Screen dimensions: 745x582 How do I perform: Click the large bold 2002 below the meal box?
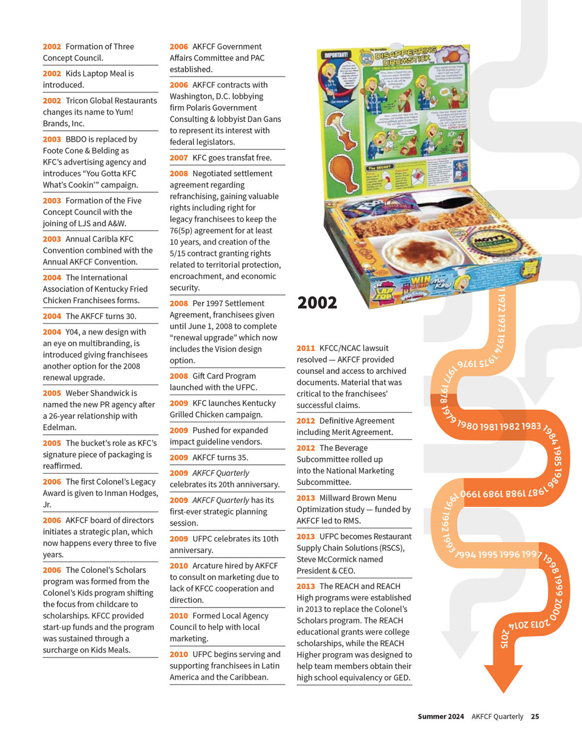[317, 303]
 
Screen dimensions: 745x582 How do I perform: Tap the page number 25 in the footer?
[535, 716]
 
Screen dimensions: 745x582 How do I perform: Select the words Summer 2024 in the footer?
[440, 716]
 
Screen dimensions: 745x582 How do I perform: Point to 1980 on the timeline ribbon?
[468, 425]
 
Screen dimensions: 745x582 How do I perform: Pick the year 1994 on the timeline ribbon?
[466, 554]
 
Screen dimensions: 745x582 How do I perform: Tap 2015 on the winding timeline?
[505, 638]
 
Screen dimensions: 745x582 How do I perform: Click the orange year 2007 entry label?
[178, 158]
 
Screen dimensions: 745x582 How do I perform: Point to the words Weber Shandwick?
[101, 393]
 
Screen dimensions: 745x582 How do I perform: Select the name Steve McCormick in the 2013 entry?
[339, 559]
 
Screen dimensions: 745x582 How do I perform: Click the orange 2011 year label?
[306, 348]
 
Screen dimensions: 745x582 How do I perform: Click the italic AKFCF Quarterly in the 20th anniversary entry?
[221, 473]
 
